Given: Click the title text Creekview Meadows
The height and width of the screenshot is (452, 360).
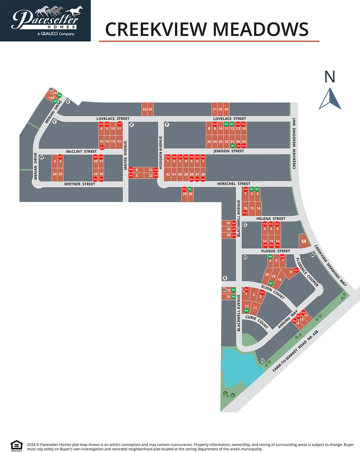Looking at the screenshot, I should coord(207,29).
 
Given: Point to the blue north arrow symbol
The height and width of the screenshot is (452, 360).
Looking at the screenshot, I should coord(330,99).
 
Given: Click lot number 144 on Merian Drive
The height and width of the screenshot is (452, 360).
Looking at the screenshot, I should coord(55,93).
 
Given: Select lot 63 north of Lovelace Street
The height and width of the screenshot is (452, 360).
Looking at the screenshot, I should coord(144,109).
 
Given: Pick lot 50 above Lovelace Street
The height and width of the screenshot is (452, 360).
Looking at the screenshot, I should coord(220,109).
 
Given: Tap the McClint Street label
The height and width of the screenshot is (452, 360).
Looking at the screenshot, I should coord(81,151).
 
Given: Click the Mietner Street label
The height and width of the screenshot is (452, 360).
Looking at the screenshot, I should coord(80,184).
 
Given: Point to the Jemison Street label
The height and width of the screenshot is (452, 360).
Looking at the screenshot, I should coord(229,151).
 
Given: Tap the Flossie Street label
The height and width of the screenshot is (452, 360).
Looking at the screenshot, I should coord(276,251).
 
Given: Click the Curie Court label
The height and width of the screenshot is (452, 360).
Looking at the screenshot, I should coord(256,321).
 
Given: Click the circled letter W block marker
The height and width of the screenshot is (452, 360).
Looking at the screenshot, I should coord(42,157).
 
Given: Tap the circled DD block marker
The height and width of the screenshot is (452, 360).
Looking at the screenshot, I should coord(245,257).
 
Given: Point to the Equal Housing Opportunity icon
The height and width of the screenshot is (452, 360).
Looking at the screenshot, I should coord(16,445).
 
